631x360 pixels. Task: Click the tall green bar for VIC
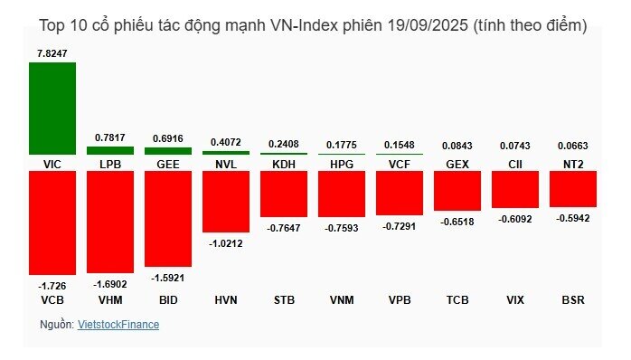coord(52,109)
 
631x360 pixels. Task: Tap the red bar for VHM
coord(110,223)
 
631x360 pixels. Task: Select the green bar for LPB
coord(110,150)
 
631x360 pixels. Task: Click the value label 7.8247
coord(52,53)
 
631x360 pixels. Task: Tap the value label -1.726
coord(52,286)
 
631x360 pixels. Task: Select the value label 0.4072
coord(226,141)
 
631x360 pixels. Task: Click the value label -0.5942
coord(573,217)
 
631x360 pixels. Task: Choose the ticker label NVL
coord(226,165)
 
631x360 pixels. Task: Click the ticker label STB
coord(284,298)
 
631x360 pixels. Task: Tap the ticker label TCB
coord(457,298)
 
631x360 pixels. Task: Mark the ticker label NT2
coord(573,165)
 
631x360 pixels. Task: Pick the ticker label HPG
coord(342,165)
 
